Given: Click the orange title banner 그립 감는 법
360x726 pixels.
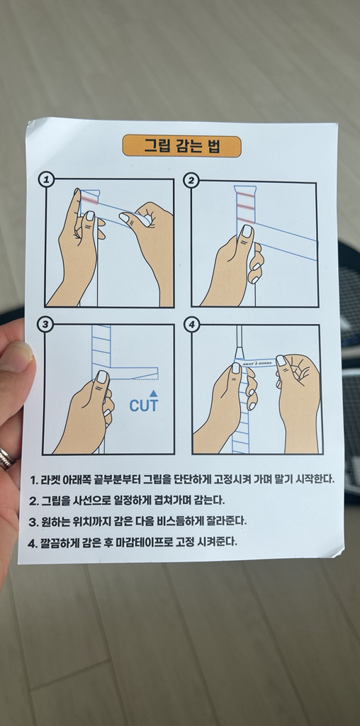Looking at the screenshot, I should [182, 146].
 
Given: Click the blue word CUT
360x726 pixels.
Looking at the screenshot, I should [144, 406].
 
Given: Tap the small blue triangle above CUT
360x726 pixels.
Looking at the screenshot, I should [154, 391].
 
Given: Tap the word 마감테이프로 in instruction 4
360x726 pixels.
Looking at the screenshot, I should [140, 542].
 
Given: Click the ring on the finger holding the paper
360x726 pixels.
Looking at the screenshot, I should [6, 457].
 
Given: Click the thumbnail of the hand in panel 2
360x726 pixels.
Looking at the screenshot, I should [247, 231].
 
